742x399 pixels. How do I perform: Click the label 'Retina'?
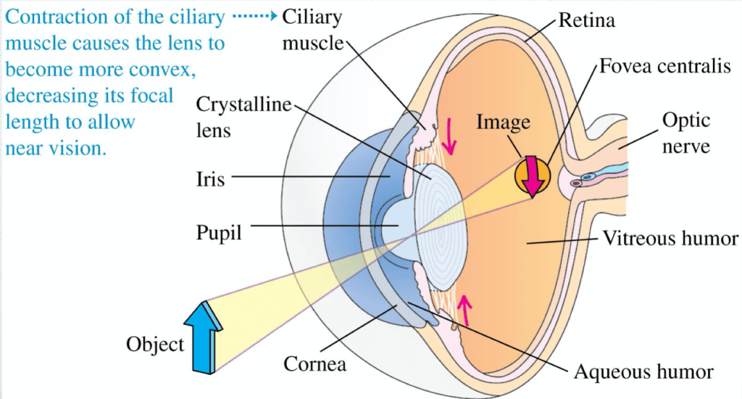(586, 20)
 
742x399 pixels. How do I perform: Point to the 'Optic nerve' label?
(685, 133)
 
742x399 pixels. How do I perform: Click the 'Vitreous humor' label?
(671, 239)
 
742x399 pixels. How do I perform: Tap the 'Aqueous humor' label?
(643, 372)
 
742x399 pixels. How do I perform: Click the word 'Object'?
(155, 344)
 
